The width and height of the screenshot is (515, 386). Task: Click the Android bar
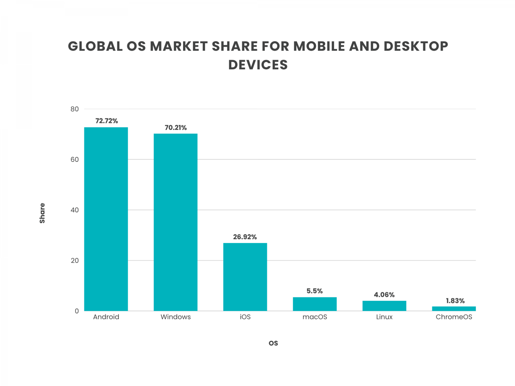pyautogui.click(x=106, y=219)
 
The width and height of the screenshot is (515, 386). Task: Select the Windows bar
pyautogui.click(x=175, y=222)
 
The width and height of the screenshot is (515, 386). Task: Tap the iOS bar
pyautogui.click(x=245, y=277)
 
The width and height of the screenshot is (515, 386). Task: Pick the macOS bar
pyautogui.click(x=314, y=304)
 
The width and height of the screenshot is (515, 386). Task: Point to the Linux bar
pyautogui.click(x=384, y=306)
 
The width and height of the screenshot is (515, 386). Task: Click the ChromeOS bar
pyautogui.click(x=454, y=309)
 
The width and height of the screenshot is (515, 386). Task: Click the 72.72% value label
pyautogui.click(x=107, y=121)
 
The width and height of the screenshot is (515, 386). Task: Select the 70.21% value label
pyautogui.click(x=176, y=128)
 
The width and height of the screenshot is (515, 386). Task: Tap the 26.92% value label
pyautogui.click(x=245, y=237)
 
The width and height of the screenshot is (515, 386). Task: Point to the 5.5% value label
pyautogui.click(x=314, y=291)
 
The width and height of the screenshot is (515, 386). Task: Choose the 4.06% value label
pyautogui.click(x=384, y=295)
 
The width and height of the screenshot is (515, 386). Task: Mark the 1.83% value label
pyautogui.click(x=455, y=301)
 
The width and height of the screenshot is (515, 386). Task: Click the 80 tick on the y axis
pyautogui.click(x=75, y=109)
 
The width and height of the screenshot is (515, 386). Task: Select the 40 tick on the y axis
pyautogui.click(x=75, y=210)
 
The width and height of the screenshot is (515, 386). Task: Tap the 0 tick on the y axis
pyautogui.click(x=77, y=311)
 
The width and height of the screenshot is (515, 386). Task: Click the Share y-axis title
pyautogui.click(x=42, y=213)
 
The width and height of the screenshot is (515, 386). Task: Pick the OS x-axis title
pyautogui.click(x=273, y=343)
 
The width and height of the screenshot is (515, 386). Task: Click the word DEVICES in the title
pyautogui.click(x=258, y=65)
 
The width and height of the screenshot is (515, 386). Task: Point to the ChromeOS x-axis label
pyautogui.click(x=454, y=317)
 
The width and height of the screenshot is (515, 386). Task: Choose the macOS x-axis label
pyautogui.click(x=314, y=317)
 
